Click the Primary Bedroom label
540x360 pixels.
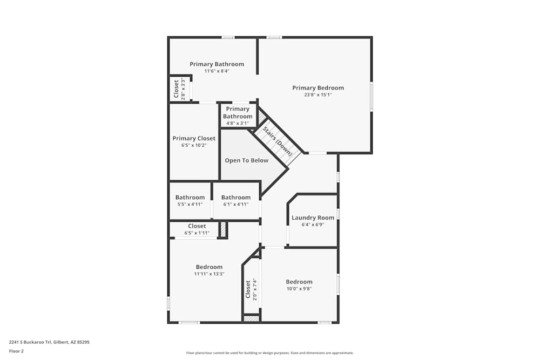pos(318,88)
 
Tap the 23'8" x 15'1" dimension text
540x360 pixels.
pos(318,95)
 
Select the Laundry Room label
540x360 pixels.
pos(313,218)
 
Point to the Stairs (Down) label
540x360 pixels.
pos(278,141)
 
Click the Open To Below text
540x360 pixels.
pos(246,160)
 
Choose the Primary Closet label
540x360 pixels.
pos(194,138)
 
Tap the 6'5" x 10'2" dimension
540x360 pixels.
pos(194,145)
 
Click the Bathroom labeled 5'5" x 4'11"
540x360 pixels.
pos(190,198)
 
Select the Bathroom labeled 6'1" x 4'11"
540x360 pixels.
pos(236,198)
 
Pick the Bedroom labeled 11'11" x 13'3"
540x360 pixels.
pos(209,267)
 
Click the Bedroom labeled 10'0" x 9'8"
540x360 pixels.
pos(299,282)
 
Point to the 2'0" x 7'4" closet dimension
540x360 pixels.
pos(254,289)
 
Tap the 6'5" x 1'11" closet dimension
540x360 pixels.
pos(197,233)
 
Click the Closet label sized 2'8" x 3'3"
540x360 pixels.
pos(177,89)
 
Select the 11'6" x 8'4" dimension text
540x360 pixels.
pos(217,71)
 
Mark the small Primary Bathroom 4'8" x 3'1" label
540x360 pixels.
pos(238,113)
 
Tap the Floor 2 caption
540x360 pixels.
pos(16,351)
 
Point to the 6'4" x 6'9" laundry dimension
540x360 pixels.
pos(313,225)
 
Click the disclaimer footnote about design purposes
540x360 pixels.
pos(270,353)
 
